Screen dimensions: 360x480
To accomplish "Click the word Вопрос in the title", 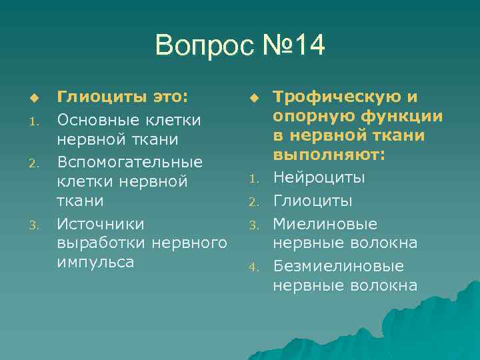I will pos(197,46).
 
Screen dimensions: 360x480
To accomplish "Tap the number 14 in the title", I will pos(303,46).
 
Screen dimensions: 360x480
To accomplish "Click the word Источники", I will pos(100,223).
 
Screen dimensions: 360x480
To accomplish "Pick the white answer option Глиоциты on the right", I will pos(314,201).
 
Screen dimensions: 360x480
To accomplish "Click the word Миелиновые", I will pos(325,223).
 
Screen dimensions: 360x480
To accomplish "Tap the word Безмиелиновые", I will pos(338,266).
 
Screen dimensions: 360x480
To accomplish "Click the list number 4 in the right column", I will pos(253,268).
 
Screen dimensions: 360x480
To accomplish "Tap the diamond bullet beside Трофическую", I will pos(253,99).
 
